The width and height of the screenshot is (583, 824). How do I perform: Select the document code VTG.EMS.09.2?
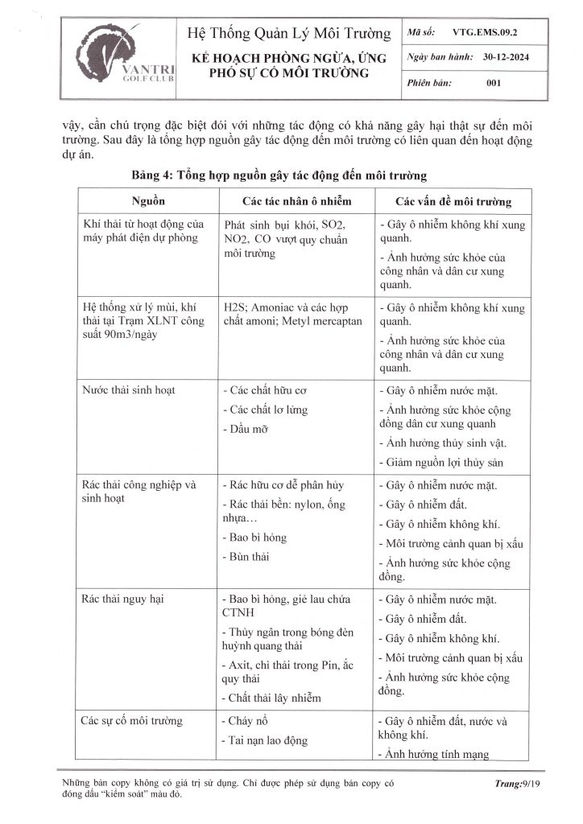click(x=485, y=35)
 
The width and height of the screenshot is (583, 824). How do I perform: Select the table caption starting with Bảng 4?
click(x=279, y=174)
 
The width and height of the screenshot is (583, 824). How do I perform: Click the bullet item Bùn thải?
click(x=250, y=556)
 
